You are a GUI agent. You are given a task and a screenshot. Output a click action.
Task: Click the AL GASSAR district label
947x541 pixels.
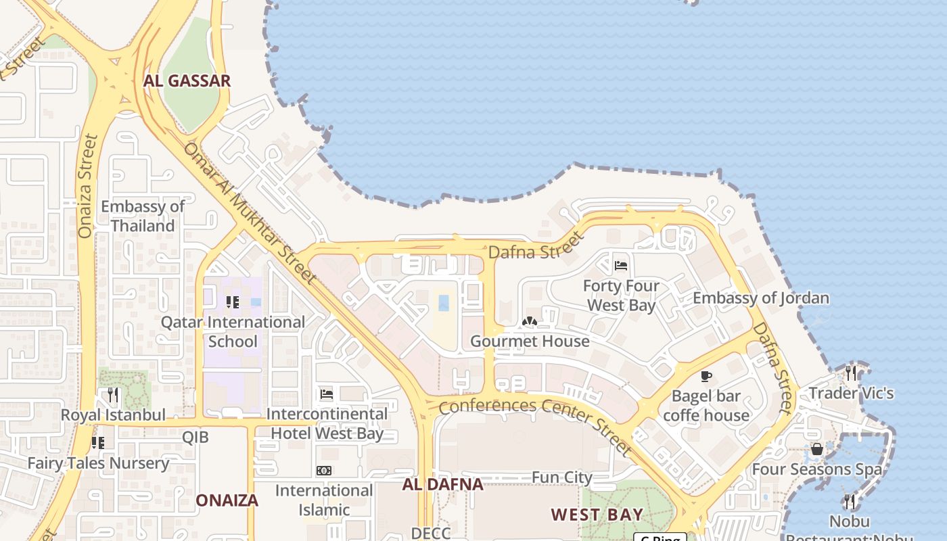[x=187, y=80]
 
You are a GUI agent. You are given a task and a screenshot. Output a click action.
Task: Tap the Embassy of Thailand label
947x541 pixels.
[x=143, y=216]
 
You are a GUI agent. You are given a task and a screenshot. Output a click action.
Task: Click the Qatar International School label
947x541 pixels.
[x=233, y=331]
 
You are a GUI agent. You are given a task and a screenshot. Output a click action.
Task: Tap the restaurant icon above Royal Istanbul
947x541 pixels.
[x=113, y=395]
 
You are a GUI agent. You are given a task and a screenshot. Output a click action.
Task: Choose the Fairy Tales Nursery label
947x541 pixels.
[x=98, y=463]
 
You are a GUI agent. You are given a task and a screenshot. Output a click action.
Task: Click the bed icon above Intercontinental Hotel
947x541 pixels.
[x=327, y=394]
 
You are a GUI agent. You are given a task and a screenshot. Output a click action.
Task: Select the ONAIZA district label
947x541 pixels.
[x=227, y=500]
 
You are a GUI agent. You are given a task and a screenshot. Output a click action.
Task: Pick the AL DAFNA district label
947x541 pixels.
[x=442, y=484]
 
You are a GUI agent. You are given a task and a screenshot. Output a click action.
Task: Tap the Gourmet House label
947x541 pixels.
[x=530, y=341]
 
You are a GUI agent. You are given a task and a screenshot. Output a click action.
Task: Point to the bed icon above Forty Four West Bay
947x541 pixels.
[x=621, y=266]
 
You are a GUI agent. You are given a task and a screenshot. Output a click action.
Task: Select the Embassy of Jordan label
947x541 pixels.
[x=761, y=298]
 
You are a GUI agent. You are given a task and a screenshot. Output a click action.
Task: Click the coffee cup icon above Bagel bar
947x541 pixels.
[x=706, y=377]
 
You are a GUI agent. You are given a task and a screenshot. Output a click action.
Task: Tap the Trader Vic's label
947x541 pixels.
[x=851, y=393]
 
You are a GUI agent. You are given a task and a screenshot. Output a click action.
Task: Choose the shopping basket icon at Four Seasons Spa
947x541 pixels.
[x=817, y=449]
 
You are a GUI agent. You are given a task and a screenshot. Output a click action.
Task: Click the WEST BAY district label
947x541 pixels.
[x=597, y=515]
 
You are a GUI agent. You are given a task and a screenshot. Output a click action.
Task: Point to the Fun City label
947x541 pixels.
[x=561, y=477]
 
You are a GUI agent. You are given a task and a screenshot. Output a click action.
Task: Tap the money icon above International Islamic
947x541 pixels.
[x=324, y=471]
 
